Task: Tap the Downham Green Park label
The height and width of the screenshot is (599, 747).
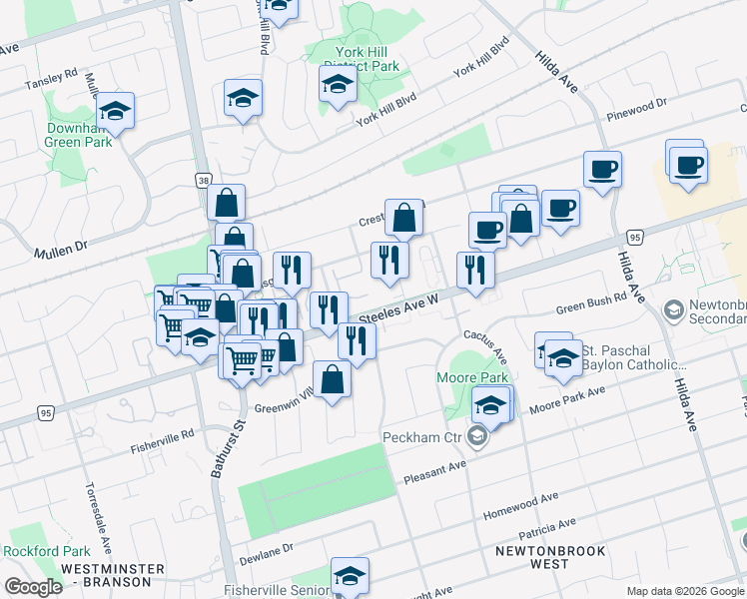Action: pos(77,136)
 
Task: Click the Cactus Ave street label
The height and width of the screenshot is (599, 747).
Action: pos(497,349)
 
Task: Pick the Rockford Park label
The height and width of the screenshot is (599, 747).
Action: pos(46,551)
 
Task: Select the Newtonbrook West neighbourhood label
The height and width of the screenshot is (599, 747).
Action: pos(533,557)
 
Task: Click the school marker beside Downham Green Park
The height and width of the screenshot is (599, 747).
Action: pos(116,112)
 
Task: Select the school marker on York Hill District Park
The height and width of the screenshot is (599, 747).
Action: pos(339,85)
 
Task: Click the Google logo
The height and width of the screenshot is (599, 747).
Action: pos(34,587)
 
